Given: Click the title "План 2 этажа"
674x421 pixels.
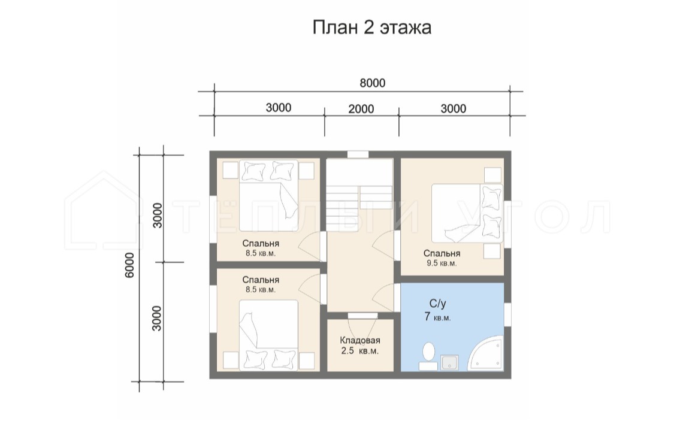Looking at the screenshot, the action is (x=371, y=28).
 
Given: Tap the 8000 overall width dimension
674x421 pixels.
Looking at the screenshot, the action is (x=372, y=83).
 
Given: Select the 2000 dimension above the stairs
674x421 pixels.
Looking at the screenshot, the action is (x=361, y=109).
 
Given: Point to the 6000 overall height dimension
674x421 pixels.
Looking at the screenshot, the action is (x=130, y=265).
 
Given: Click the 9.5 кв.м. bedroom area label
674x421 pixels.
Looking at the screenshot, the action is (x=442, y=263).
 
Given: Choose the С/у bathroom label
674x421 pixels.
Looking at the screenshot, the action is (x=437, y=303).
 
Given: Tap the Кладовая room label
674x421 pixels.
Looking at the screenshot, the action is (x=360, y=340).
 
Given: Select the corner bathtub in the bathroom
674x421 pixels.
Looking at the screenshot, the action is (x=485, y=354).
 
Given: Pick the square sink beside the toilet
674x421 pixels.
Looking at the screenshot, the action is (x=449, y=362).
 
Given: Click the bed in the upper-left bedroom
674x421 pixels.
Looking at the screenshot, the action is (x=268, y=195).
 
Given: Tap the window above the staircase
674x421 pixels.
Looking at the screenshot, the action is (x=358, y=155).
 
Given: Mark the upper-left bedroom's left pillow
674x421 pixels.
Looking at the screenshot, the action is (x=253, y=171).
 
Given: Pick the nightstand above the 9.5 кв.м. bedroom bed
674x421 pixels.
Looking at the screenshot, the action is (x=492, y=175).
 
